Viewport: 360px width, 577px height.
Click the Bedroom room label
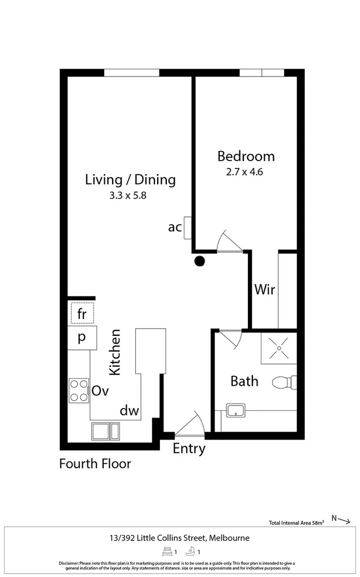click(x=246, y=156)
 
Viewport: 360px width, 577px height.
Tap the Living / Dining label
click(x=130, y=180)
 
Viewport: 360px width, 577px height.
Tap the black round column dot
click(x=199, y=260)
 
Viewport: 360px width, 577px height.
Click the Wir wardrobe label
click(x=264, y=290)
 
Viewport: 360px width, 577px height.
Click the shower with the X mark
click(x=278, y=349)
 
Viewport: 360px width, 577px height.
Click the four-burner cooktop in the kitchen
click(x=79, y=390)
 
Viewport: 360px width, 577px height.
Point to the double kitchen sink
click(x=105, y=430)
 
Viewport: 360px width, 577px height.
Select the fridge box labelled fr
click(x=82, y=313)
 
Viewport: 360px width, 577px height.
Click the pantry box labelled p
click(x=82, y=338)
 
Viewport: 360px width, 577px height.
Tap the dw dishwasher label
click(x=129, y=411)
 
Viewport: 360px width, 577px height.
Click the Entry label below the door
click(x=189, y=449)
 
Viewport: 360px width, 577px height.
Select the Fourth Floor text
click(x=95, y=464)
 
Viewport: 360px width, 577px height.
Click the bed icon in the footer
click(x=166, y=552)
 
